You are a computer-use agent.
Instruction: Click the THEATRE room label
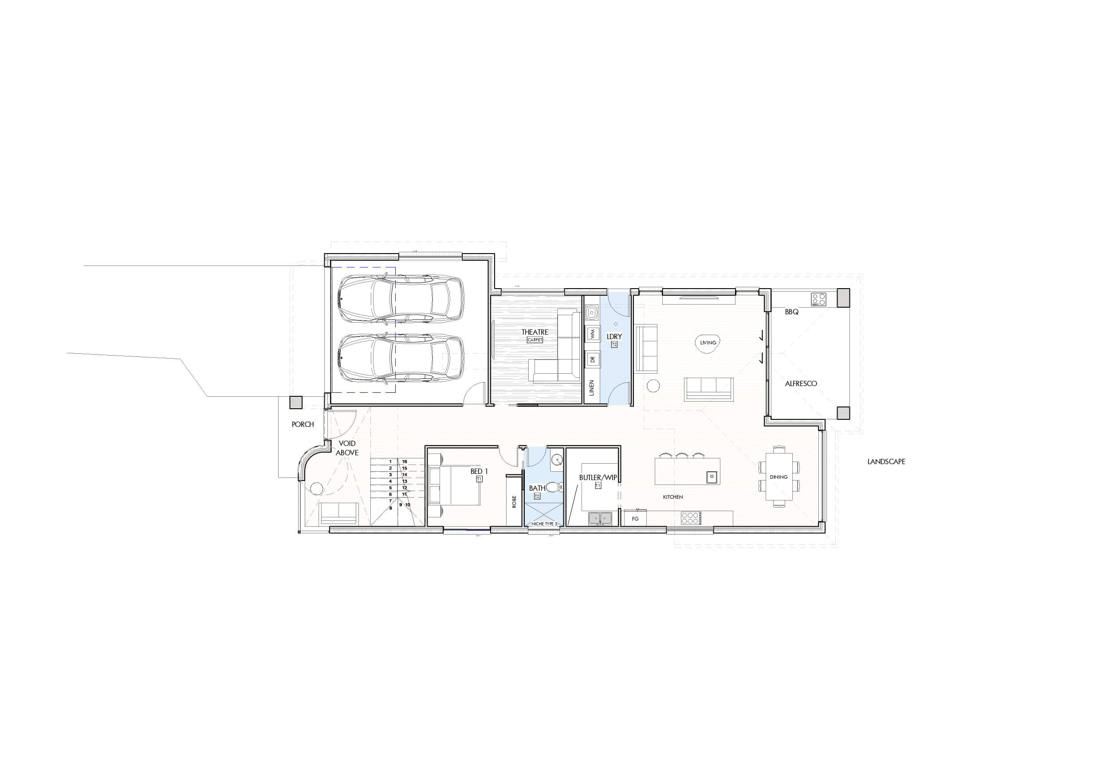point(535,332)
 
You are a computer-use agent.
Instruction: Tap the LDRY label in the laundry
point(614,336)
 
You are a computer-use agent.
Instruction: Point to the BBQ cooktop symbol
point(819,299)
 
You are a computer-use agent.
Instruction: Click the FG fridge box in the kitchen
point(635,518)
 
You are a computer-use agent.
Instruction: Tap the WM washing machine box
point(593,334)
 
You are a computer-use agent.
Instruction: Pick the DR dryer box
point(593,359)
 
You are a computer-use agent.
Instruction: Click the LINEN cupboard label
point(592,387)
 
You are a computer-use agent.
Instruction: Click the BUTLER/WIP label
point(598,477)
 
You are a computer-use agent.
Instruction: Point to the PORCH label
point(303,424)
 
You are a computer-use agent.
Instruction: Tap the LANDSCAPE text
point(886,461)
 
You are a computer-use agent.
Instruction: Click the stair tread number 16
point(405,461)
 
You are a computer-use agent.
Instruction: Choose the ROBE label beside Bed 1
point(514,501)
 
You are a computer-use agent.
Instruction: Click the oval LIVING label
point(708,343)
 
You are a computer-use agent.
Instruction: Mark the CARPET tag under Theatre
point(535,340)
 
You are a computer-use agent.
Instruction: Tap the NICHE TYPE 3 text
point(544,524)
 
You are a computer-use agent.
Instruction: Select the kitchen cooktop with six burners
point(691,518)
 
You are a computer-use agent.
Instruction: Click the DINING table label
point(779,477)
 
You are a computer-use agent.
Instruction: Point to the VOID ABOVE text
point(347,448)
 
